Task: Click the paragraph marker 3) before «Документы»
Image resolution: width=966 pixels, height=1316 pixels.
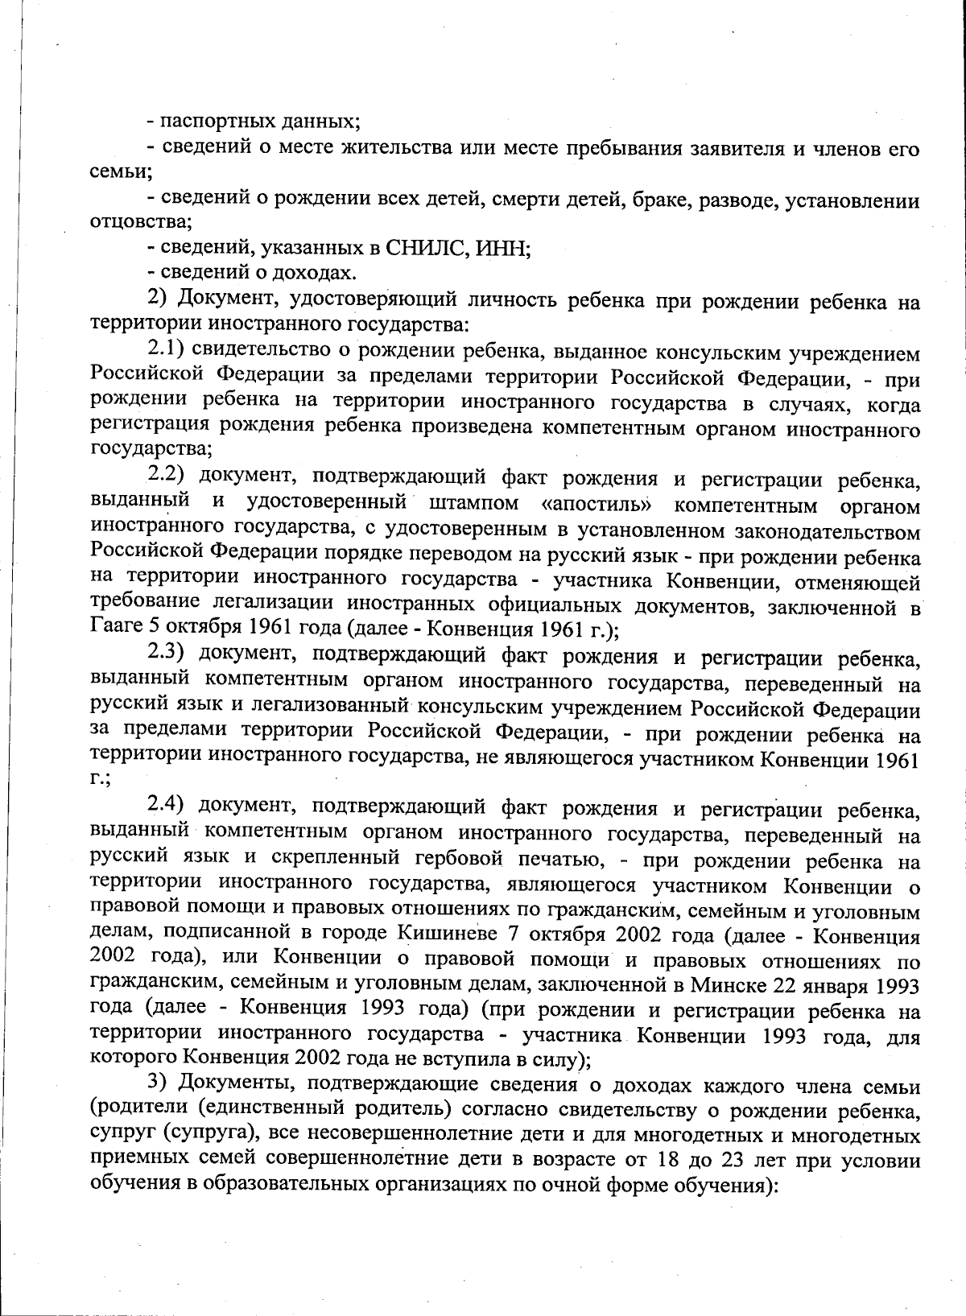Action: pyautogui.click(x=156, y=1086)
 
